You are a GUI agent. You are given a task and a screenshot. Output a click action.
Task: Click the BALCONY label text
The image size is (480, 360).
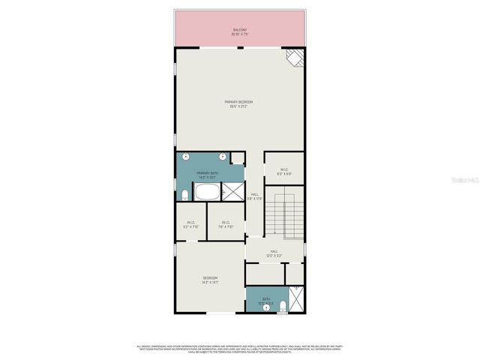239,32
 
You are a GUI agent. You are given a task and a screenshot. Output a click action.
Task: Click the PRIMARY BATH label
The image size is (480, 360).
207,175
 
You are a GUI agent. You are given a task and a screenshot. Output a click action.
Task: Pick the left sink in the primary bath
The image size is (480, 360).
186,157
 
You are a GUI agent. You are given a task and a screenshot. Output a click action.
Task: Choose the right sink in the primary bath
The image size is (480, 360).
223,157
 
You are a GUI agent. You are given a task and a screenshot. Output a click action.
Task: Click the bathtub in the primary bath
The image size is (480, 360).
207,193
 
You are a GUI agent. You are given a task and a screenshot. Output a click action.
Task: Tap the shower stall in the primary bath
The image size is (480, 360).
235,193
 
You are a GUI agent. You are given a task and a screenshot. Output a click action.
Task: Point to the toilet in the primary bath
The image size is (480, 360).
184,196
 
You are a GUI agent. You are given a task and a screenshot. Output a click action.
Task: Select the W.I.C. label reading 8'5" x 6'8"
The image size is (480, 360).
284,171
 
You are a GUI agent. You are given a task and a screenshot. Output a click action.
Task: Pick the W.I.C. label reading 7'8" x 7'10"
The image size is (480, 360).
224,223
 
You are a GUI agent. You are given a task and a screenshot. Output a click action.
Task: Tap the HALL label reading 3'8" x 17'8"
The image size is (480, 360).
255,196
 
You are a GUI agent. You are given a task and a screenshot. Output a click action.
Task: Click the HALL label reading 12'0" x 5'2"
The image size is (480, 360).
274,253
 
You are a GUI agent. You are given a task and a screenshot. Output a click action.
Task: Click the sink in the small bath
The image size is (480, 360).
265,307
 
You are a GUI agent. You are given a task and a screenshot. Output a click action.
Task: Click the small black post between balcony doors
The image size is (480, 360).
239,48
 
